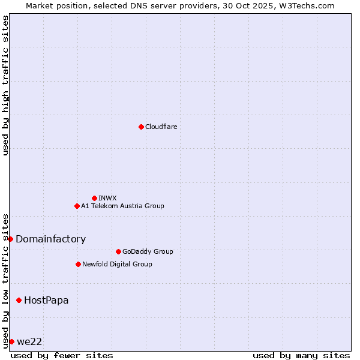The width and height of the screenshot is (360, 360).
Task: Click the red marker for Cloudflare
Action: click(141, 127)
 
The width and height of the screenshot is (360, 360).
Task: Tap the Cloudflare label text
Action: click(161, 127)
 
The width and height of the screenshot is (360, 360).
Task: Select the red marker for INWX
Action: click(94, 198)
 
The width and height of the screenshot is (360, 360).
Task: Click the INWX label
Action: click(108, 198)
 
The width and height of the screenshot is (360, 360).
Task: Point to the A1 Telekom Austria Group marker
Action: click(77, 206)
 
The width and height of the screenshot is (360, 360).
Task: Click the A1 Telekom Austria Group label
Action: click(122, 206)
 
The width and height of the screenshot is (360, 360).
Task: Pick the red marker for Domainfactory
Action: click(10, 239)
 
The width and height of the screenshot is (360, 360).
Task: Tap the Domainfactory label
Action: click(51, 239)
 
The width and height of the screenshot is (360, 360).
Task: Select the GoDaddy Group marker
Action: click(118, 251)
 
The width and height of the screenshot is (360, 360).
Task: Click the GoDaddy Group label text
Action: click(148, 251)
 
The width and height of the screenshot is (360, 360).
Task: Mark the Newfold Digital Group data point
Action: click(78, 264)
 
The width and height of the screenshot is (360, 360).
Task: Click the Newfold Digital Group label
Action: click(117, 264)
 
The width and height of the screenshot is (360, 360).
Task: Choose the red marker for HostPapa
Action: click(19, 300)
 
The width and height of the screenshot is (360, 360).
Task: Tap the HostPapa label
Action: click(46, 300)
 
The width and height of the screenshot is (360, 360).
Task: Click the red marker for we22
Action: click(11, 341)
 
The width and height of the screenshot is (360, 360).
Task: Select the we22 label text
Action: click(29, 341)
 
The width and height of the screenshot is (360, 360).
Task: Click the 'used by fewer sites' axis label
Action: click(62, 355)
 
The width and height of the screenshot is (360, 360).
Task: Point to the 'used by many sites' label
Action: click(301, 355)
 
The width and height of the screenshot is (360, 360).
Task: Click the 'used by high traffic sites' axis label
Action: click(5, 85)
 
